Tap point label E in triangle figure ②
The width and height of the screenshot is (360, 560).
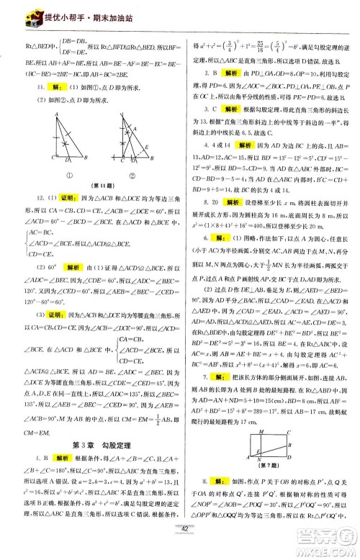(147, 145)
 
